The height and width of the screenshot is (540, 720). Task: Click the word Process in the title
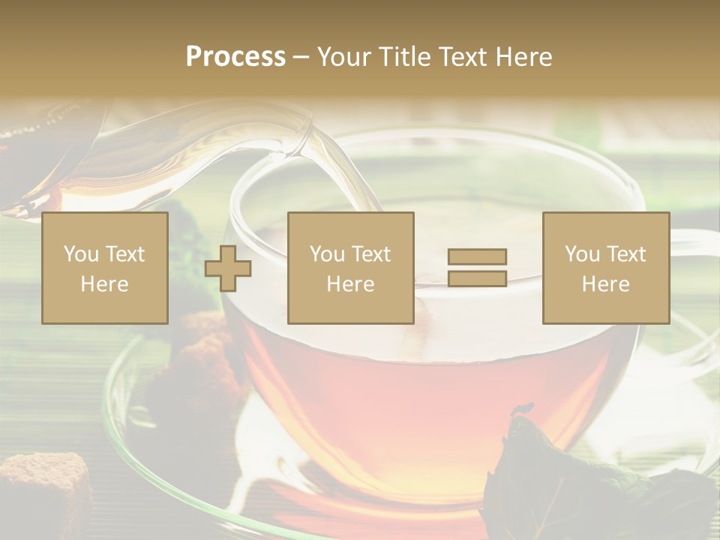pos(235,57)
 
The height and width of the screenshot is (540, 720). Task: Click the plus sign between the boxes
pos(228,268)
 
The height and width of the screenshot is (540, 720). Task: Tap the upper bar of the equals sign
pos(477,256)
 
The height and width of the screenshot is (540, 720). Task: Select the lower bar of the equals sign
pos(477,278)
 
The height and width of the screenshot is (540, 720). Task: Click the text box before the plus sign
pos(105,268)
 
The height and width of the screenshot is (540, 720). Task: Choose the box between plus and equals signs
pos(350,268)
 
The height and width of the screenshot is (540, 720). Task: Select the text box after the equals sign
pos(606,268)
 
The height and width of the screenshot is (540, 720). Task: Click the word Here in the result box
pos(606,283)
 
